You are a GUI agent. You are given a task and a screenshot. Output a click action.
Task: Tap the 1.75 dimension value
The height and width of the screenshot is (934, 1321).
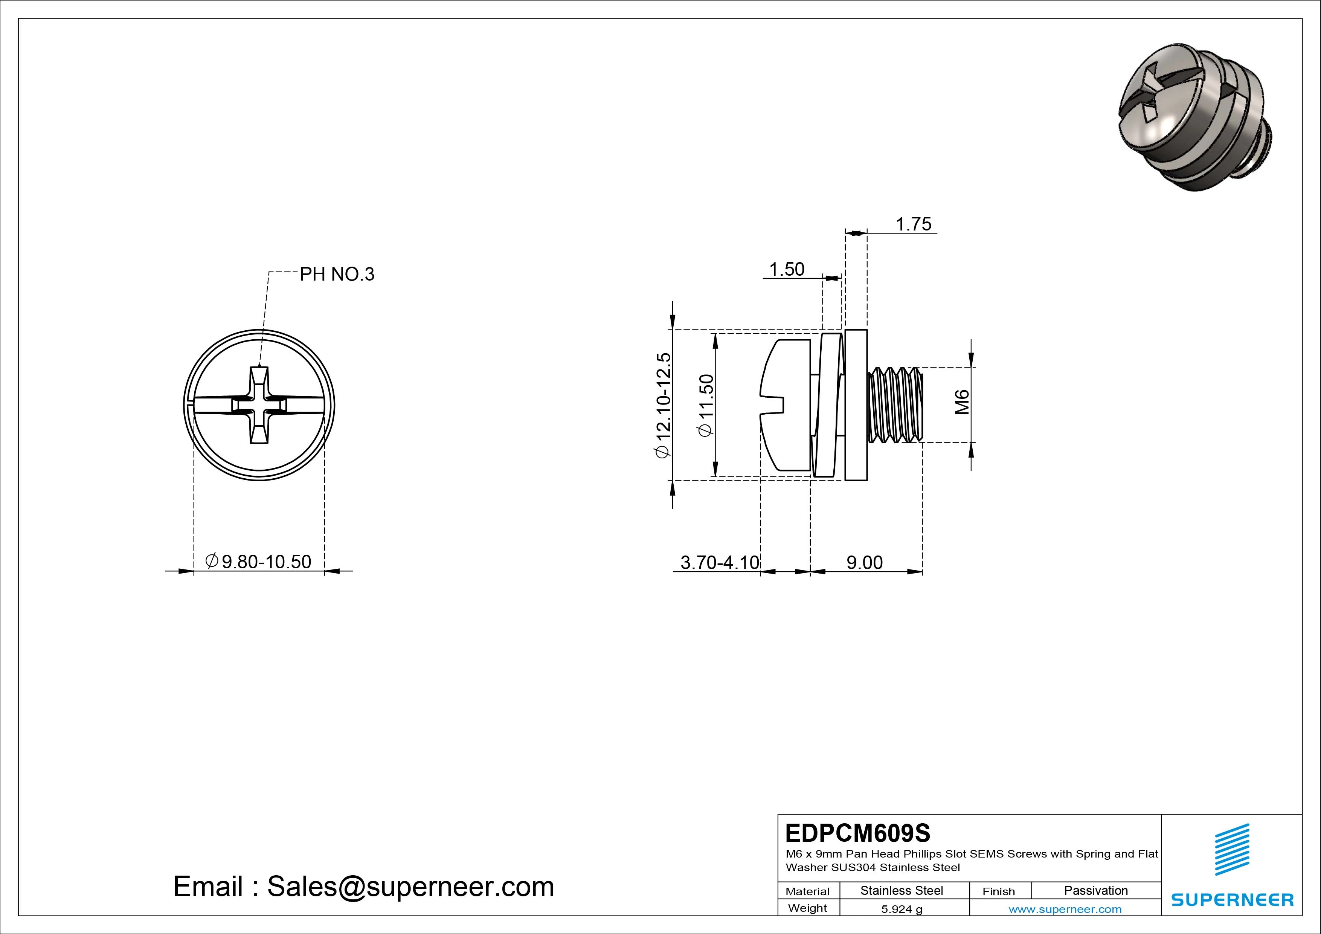click(914, 224)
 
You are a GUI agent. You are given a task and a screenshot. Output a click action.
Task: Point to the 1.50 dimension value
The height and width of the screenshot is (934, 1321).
click(787, 269)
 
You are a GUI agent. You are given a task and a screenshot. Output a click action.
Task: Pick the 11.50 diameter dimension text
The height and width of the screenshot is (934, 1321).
click(705, 405)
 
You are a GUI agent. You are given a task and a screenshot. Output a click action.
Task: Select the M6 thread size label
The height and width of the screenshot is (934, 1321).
click(962, 402)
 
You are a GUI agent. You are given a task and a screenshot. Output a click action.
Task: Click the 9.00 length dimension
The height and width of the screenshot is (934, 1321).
click(864, 562)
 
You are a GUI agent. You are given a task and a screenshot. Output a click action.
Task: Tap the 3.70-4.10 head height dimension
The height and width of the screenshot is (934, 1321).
click(720, 562)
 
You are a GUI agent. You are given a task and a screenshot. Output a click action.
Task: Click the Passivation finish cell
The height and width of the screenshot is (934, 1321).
click(1095, 890)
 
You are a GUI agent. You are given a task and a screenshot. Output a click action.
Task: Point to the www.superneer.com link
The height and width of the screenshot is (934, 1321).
click(1065, 909)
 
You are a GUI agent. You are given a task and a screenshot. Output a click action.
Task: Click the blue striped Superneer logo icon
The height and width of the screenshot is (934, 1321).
click(1231, 856)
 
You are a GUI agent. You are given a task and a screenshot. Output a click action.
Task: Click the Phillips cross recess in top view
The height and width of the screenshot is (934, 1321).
click(259, 405)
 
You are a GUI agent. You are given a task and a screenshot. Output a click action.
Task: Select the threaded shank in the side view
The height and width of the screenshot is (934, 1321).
click(895, 405)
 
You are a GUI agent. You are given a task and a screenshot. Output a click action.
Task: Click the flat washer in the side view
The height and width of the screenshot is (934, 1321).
click(856, 405)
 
